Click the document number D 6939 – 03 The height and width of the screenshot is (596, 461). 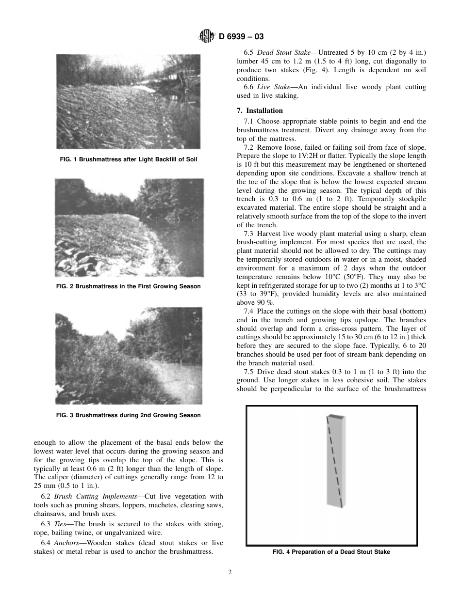point(241,36)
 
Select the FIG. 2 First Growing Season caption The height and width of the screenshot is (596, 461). point(128,286)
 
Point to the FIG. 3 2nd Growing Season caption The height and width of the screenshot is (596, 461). point(128,415)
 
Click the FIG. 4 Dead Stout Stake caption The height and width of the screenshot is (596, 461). point(331,552)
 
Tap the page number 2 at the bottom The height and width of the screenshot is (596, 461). point(230,572)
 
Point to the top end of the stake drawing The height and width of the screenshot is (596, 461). point(336,417)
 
